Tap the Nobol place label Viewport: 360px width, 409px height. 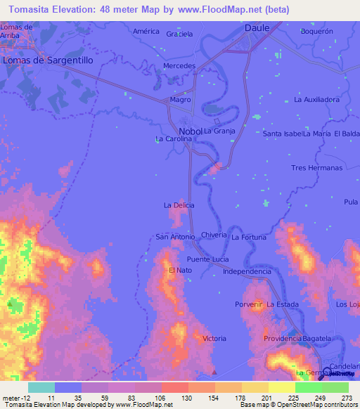pos(190,131)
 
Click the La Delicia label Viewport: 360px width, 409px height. pos(179,205)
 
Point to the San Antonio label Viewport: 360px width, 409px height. pos(175,237)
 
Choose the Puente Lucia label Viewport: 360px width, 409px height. pos(207,259)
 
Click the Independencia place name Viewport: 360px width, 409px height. pos(247,271)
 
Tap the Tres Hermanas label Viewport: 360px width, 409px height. pos(316,168)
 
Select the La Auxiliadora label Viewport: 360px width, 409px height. pos(317,100)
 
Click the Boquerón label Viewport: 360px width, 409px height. pos(316,32)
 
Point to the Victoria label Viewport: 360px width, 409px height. pos(214,339)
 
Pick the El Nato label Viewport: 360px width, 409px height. pos(180,271)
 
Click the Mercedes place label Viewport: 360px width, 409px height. pos(179,65)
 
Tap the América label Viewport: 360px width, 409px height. pos(147,32)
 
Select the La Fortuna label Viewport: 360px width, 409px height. pos(249,238)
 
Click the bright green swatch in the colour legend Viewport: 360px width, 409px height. pos(309,387)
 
